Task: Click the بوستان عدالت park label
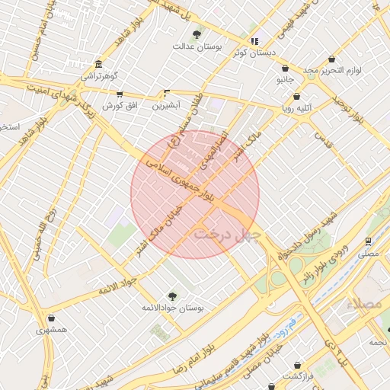pyautogui.click(x=197, y=46)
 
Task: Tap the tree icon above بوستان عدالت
pyautogui.click(x=197, y=34)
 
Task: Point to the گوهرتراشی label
pyautogui.click(x=99, y=75)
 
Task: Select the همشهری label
pyautogui.click(x=51, y=331)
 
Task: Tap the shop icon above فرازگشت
pyautogui.click(x=296, y=365)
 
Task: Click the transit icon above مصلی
pyautogui.click(x=369, y=240)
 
